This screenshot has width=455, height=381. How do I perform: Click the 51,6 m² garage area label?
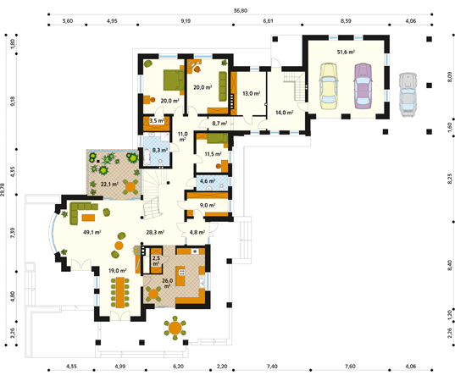346,52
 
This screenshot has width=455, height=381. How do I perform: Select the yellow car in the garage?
329,86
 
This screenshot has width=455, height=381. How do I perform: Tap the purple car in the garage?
363,86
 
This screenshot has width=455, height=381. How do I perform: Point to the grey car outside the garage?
408,95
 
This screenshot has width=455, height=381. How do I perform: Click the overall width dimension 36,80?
241,11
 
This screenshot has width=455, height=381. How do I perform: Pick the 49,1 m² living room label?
92,232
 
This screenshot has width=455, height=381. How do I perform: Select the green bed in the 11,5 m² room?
218,138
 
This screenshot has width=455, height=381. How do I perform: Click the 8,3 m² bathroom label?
160,150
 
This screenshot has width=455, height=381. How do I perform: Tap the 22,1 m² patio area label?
109,184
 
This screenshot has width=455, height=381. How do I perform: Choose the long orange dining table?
119,293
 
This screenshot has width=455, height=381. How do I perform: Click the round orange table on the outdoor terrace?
175,328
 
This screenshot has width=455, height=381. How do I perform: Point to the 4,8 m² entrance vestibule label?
197,232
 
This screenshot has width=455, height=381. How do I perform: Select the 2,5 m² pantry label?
156,261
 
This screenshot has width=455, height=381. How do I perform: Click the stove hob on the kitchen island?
182,272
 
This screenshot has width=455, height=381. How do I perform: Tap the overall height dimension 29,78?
3,190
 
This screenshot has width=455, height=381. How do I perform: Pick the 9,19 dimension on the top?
186,21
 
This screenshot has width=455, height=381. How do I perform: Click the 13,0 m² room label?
251,94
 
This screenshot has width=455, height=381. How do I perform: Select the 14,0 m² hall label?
284,113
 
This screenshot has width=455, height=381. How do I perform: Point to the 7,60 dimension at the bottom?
350,367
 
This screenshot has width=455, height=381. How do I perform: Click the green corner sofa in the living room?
79,211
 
